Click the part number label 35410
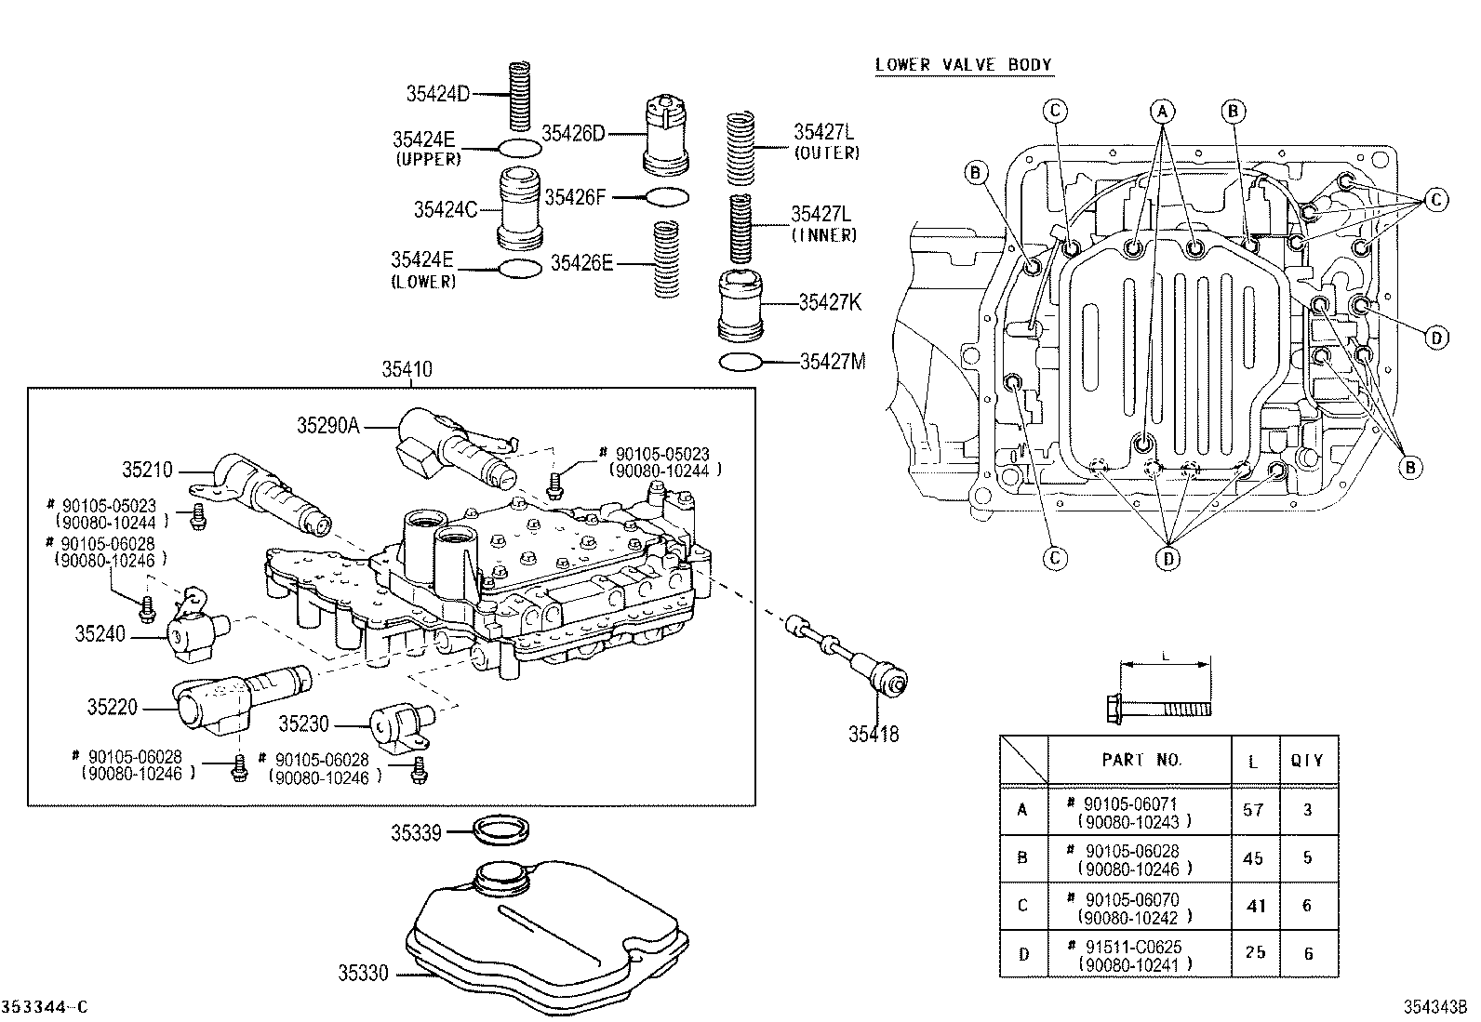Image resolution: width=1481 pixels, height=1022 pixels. click(x=407, y=370)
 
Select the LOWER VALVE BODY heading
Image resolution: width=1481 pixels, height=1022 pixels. click(x=963, y=65)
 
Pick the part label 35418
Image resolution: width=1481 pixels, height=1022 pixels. click(x=873, y=735)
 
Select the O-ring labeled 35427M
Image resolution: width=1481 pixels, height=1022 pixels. click(x=741, y=362)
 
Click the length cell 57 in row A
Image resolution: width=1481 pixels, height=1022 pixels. click(x=1253, y=810)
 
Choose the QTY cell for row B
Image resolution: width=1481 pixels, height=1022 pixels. click(x=1307, y=857)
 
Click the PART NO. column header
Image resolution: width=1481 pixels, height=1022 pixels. click(x=1141, y=760)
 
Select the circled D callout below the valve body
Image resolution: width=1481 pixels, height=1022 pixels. click(x=1168, y=557)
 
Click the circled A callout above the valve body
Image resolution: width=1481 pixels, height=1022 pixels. click(x=1161, y=112)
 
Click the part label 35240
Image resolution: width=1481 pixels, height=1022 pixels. click(x=100, y=634)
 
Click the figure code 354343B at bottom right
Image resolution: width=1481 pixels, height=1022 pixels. click(x=1435, y=1007)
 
